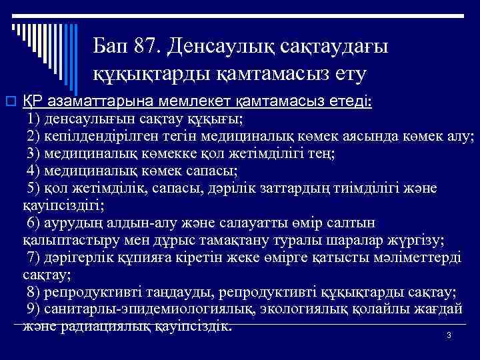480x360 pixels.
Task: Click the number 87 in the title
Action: click(145, 47)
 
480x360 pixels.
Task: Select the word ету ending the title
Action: click(345, 75)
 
